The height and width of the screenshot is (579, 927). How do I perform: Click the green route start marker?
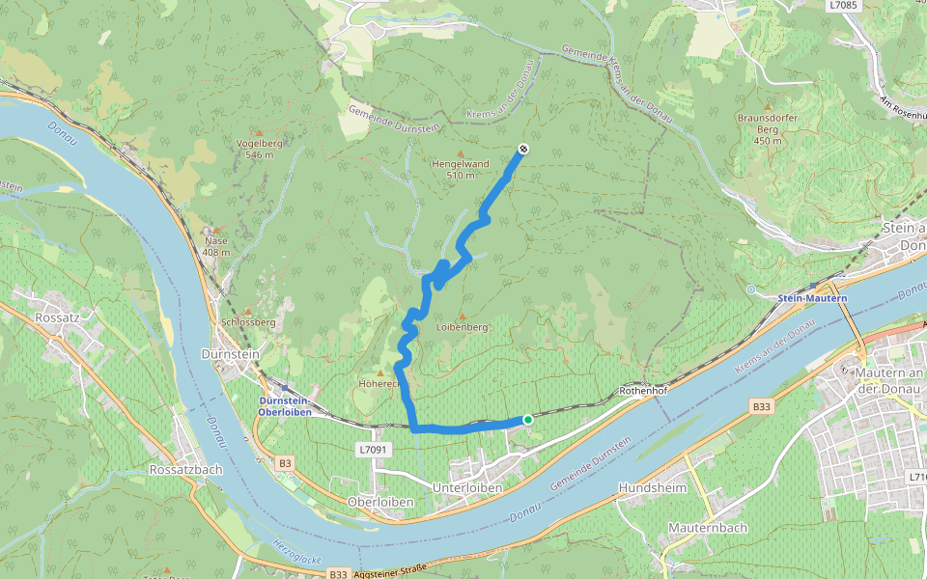point(527,420)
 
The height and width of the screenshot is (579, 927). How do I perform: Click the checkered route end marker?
point(522,149)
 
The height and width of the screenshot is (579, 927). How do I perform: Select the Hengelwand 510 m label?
point(460,169)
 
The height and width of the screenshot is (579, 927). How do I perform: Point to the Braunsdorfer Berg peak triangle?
point(768,106)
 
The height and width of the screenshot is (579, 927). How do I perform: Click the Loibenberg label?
point(462,327)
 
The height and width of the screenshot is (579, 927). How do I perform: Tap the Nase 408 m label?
point(217,247)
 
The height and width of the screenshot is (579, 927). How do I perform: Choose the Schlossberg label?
point(248,321)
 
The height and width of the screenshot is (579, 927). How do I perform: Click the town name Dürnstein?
point(230,355)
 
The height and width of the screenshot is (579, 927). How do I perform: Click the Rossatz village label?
point(56,317)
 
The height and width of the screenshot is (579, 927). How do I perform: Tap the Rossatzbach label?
point(186,469)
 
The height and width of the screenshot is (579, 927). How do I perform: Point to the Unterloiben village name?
point(467,488)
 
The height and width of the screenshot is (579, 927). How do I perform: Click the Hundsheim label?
point(652,487)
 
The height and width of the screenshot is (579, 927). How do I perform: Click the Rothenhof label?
point(643,392)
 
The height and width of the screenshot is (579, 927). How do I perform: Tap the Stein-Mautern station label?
point(812,298)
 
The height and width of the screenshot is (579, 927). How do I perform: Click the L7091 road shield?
point(372,450)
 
